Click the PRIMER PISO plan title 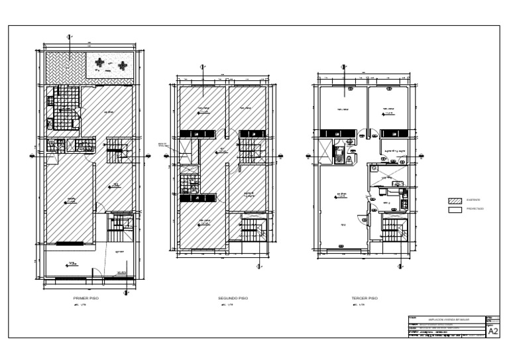tap(86, 299)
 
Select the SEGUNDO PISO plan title tap(233, 299)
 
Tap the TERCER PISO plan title tap(364, 299)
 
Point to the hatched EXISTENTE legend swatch tap(455, 200)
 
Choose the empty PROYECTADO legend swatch tap(455, 209)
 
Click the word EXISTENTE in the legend tap(474, 200)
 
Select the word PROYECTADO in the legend tap(475, 209)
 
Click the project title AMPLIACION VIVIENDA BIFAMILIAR tap(447, 319)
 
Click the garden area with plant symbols tap(110, 65)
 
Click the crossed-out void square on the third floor tap(386, 174)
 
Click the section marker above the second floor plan tap(203, 66)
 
